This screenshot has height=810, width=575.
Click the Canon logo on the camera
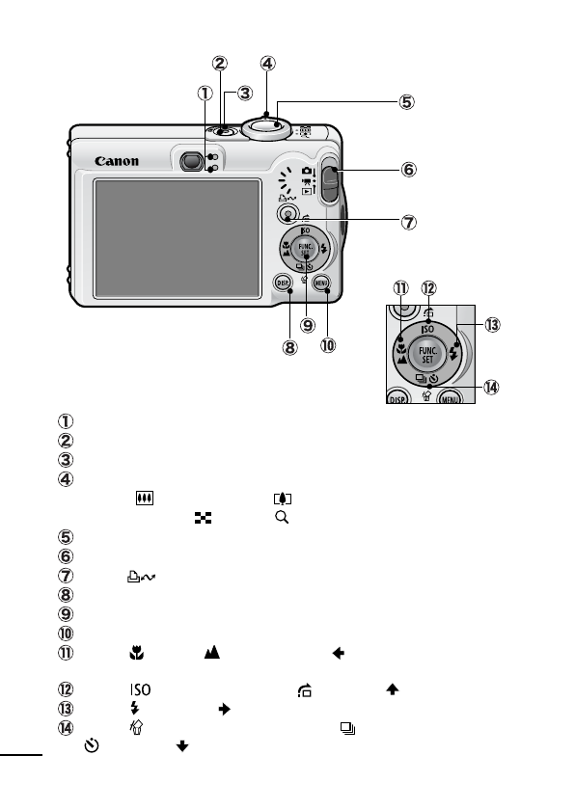click(x=117, y=161)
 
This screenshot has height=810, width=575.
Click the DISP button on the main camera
click(x=283, y=283)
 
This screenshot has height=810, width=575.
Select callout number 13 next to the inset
click(x=493, y=326)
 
